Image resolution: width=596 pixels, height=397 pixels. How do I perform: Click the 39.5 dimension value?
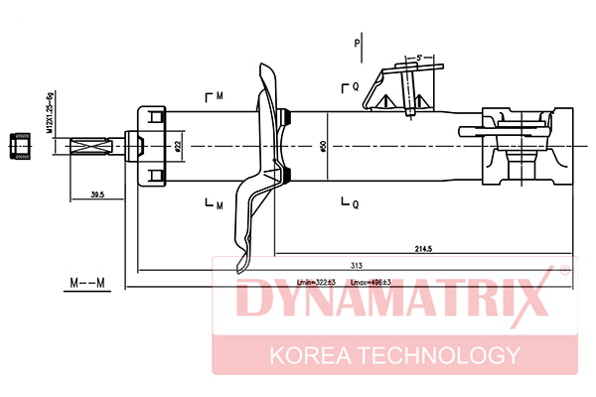pos(97,195)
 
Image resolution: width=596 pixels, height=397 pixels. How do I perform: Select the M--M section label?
pos(87,285)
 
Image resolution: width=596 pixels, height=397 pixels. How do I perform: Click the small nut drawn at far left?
pos(17,147)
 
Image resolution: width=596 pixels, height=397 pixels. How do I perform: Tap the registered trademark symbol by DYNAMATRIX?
pos(563,269)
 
